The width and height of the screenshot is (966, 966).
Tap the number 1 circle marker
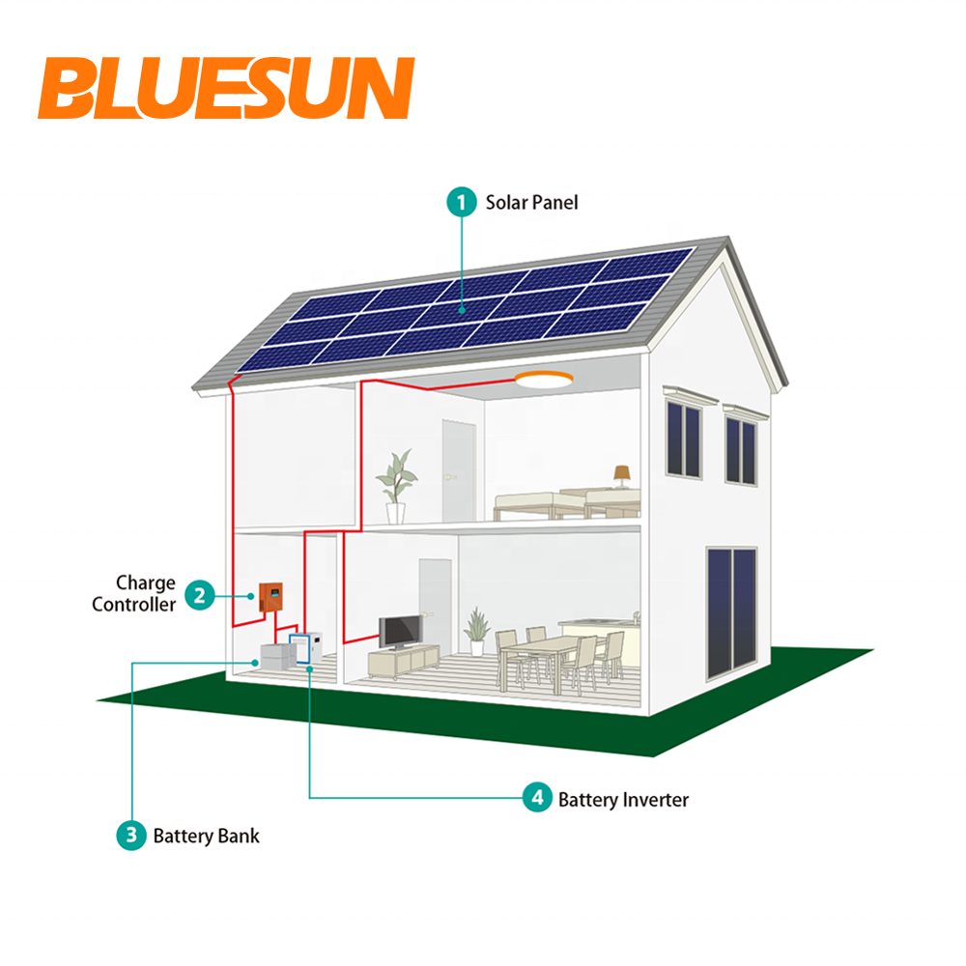pyautogui.click(x=461, y=202)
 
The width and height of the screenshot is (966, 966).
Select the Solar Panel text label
pyautogui.click(x=531, y=202)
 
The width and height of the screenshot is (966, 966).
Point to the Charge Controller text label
pyautogui.click(x=135, y=594)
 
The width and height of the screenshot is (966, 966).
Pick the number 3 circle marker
pyautogui.click(x=130, y=835)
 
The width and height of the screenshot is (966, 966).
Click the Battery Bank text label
pyautogui.click(x=206, y=836)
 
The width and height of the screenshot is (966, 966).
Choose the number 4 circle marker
pyautogui.click(x=536, y=798)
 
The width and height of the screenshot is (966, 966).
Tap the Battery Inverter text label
pyautogui.click(x=623, y=799)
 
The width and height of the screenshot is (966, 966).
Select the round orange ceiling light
pyautogui.click(x=543, y=381)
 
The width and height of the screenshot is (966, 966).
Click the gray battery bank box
pyautogui.click(x=275, y=657)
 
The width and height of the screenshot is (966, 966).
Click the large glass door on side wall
pyautogui.click(x=732, y=612)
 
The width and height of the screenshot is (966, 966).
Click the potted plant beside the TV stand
pyautogui.click(x=475, y=633)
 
